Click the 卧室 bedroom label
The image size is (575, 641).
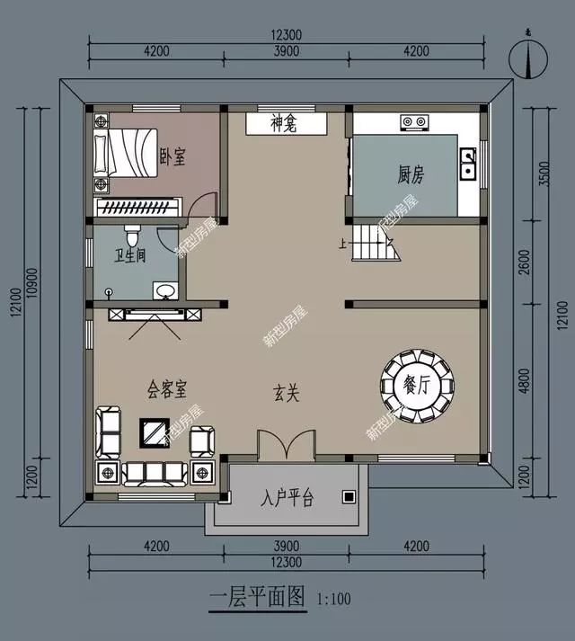click(173, 157)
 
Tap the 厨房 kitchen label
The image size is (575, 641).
click(411, 174)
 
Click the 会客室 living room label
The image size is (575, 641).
click(167, 389)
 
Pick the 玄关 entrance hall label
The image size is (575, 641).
click(286, 394)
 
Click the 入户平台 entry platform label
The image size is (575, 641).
click(287, 498)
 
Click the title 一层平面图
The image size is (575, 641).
click(258, 597)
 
